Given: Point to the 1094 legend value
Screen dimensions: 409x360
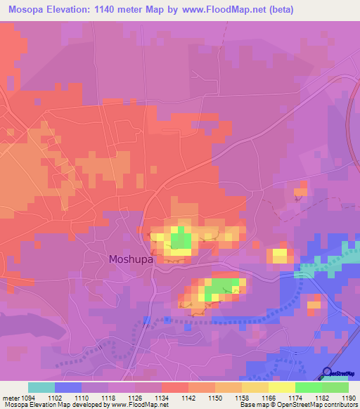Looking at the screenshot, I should tap(24, 398).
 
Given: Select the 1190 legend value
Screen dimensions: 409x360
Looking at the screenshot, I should tap(348, 398).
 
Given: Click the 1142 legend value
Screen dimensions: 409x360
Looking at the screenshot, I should tap(188, 398).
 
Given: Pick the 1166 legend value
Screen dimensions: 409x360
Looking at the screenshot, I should tap(268, 398).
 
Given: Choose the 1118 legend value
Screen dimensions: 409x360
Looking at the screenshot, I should tap(108, 398).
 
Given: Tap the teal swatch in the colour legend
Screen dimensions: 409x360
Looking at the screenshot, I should tap(41, 387).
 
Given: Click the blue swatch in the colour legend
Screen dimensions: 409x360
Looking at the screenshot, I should tap(68, 387).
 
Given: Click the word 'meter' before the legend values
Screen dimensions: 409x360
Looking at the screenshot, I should tap(8, 398).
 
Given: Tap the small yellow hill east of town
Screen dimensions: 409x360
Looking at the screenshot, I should tap(280, 256).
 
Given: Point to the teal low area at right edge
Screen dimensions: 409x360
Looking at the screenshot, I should tap(349, 249).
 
